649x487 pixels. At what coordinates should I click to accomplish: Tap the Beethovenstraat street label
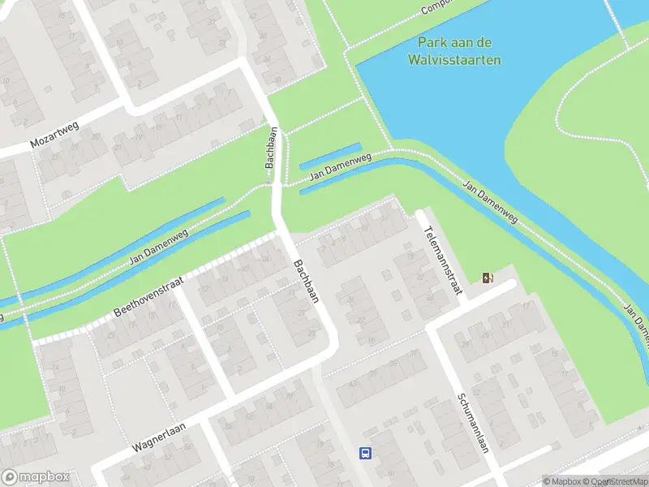[x=149, y=295]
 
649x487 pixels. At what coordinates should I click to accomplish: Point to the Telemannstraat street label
[x=441, y=261]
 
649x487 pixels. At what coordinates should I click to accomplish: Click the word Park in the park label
[x=432, y=43]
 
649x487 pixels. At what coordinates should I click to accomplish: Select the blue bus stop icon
[x=366, y=453]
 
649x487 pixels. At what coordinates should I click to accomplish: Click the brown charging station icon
[x=488, y=278]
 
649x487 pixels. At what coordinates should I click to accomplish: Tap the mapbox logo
[x=36, y=477]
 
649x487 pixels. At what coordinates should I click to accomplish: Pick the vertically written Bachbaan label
[x=272, y=147]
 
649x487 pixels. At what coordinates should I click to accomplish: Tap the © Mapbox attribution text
[x=561, y=481]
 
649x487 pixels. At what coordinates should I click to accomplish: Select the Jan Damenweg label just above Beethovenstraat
[x=158, y=249]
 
